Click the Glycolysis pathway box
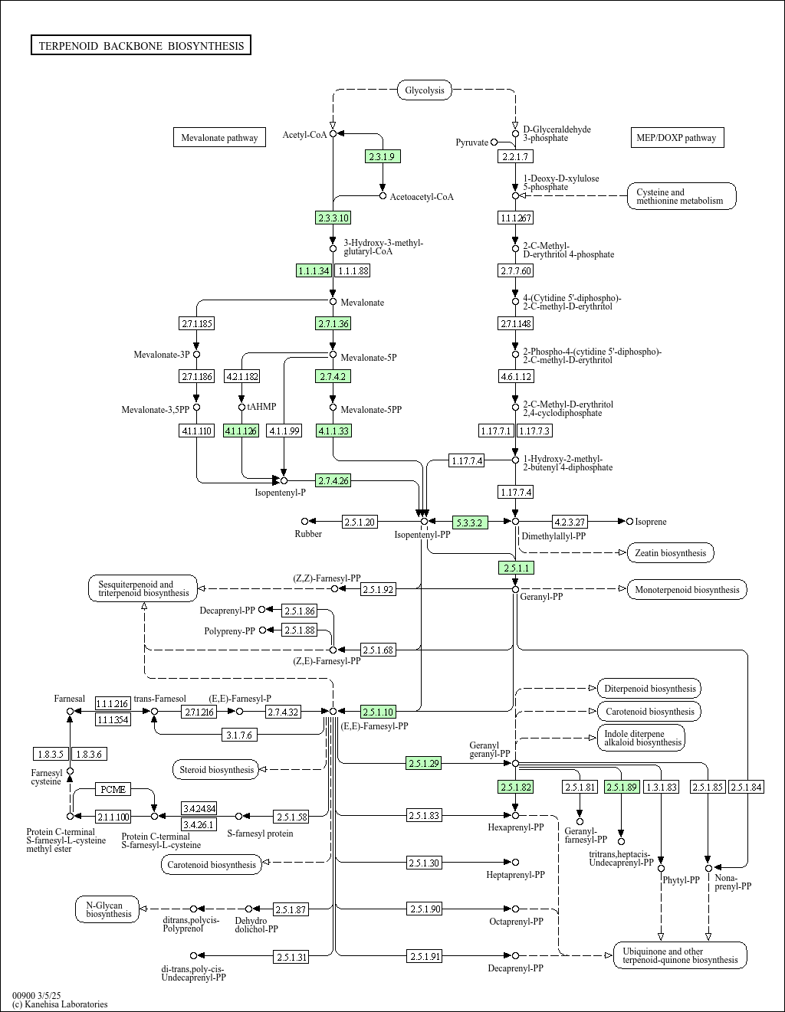click(425, 90)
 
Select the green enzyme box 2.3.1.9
click(383, 156)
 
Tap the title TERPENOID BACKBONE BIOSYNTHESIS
click(141, 45)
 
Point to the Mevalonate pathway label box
click(219, 137)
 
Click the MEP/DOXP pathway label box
click(678, 137)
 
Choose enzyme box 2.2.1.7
click(515, 156)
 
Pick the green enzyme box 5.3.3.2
click(470, 522)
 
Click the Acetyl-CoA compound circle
click(333, 133)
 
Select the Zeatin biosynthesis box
click(671, 553)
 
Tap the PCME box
click(113, 789)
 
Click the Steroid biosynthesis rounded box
click(217, 769)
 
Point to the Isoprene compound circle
click(630, 521)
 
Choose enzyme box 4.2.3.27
click(570, 522)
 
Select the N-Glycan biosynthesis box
click(107, 909)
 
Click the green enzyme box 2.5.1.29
click(423, 763)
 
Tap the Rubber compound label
click(308, 534)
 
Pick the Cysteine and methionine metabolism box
click(682, 196)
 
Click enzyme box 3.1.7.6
click(239, 735)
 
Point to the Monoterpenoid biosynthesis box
click(687, 590)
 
